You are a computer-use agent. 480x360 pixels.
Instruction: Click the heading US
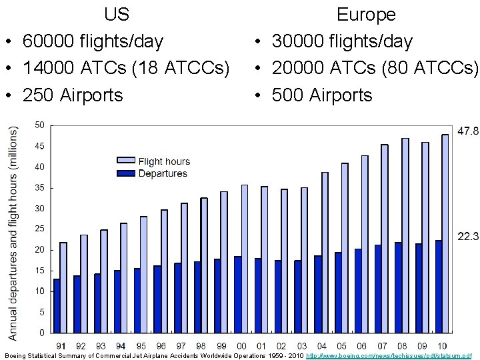coord(117,14)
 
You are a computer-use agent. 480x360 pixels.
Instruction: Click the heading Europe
coord(366,14)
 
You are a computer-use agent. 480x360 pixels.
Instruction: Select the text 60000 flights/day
coord(93,41)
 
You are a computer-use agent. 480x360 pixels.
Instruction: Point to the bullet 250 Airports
coord(73,95)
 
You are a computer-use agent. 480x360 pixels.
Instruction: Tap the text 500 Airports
coord(322,95)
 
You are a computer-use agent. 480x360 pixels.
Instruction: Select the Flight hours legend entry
coord(163,161)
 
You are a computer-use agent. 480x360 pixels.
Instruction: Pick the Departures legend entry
coord(162,173)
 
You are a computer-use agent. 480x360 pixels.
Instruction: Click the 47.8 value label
coord(467,131)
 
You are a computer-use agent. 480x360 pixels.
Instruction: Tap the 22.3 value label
coord(467,236)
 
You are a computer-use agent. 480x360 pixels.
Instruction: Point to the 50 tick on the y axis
coord(40,125)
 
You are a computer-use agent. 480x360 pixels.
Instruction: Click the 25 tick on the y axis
coord(40,229)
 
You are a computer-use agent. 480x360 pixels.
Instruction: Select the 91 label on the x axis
coord(61,346)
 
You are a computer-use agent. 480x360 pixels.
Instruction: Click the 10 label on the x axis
coord(442,346)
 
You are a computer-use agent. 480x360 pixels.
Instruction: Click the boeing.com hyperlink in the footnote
coord(388,356)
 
